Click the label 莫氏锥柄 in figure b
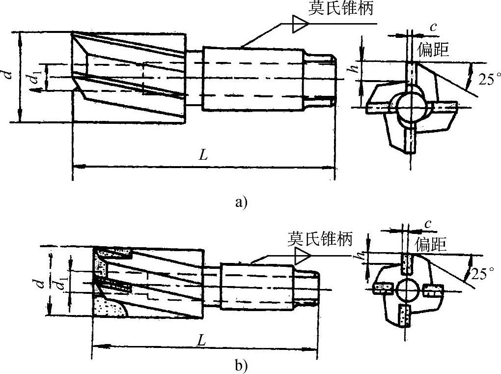320,240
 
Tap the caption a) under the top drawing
242,201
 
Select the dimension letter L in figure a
203,155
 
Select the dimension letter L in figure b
202,339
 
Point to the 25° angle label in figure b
484,273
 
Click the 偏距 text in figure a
433,49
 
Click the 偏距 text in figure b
431,244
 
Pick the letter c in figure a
433,27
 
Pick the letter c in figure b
428,224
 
